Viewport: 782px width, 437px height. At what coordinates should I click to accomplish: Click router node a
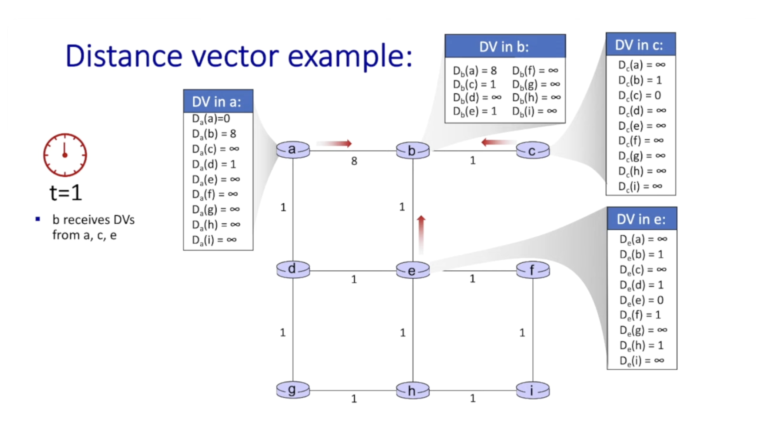pos(293,150)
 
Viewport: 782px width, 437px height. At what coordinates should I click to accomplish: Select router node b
pos(412,151)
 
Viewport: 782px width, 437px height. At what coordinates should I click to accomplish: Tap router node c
pos(532,151)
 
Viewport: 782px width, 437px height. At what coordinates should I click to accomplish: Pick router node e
pos(412,270)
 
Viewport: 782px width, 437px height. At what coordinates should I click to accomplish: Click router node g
pos(293,390)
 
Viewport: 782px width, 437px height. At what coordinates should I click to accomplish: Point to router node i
pos(532,390)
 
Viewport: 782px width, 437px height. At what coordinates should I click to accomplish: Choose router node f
pos(532,270)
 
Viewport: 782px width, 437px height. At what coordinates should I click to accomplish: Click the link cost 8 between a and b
pos(354,161)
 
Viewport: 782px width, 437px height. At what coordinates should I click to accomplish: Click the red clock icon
pos(65,155)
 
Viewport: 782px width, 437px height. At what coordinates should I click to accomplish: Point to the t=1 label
pos(66,193)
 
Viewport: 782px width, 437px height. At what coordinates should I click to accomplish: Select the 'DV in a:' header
pos(218,101)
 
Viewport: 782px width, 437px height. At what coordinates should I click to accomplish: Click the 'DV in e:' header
pos(642,219)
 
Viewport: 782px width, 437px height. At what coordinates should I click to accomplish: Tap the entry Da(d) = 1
pos(214,164)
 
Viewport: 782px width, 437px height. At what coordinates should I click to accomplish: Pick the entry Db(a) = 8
pos(475,70)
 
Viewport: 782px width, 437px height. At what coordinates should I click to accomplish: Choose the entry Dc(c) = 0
pos(639,95)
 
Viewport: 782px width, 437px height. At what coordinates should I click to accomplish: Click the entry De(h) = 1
pos(642,345)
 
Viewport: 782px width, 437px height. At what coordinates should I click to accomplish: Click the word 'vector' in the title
pos(235,56)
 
